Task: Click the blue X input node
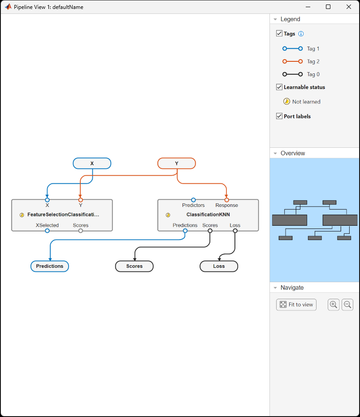click(92, 163)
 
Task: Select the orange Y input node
click(176, 163)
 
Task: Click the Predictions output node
click(50, 266)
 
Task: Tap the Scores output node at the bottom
click(134, 266)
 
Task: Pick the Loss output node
click(219, 266)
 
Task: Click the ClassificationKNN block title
click(208, 215)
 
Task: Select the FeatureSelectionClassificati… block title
click(63, 215)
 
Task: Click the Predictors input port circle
click(193, 200)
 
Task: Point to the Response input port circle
click(227, 200)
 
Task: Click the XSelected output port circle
click(47, 231)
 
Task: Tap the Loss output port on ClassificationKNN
click(235, 231)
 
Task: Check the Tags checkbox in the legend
click(279, 34)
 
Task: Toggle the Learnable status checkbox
click(279, 87)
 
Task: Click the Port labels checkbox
click(279, 116)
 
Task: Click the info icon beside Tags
click(301, 34)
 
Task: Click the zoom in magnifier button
click(333, 305)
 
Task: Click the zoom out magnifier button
click(347, 305)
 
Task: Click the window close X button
click(348, 7)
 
